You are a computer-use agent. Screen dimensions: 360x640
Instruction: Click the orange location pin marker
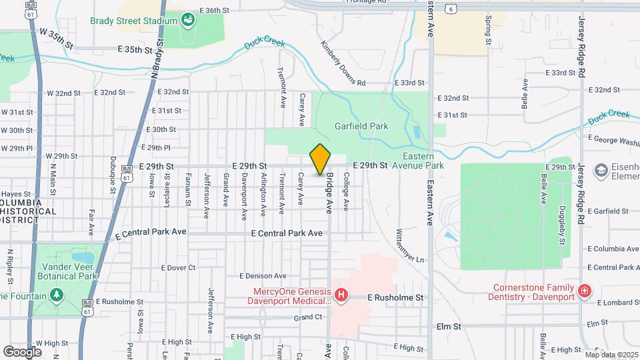click(321, 159)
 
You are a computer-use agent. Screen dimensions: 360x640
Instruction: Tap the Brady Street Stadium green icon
click(189, 20)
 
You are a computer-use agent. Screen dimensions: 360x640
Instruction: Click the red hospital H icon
click(341, 294)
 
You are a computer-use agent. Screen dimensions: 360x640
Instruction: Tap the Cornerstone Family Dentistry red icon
click(584, 291)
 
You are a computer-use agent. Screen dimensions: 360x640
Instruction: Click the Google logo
click(23, 351)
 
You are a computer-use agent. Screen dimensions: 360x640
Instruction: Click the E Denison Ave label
click(261, 276)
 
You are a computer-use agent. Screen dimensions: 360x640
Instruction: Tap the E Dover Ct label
click(178, 267)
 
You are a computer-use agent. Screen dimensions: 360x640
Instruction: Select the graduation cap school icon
click(601, 171)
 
